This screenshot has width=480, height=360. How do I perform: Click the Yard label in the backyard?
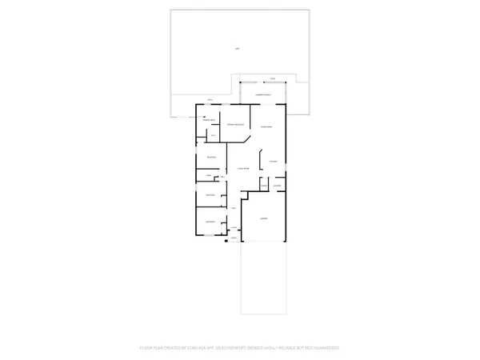click(x=237, y=50)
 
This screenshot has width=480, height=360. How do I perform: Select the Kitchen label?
click(x=273, y=162)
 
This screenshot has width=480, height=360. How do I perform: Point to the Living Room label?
click(x=242, y=169)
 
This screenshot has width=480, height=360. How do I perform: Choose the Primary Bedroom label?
click(x=235, y=126)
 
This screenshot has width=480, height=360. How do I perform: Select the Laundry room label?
click(x=277, y=186)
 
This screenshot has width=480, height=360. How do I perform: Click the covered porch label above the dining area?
click(x=265, y=95)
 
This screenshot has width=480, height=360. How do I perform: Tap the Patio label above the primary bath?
click(x=210, y=100)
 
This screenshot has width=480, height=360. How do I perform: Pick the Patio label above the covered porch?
click(x=272, y=78)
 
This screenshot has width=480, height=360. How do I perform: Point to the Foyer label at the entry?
click(x=234, y=228)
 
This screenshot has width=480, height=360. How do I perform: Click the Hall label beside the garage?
click(x=234, y=208)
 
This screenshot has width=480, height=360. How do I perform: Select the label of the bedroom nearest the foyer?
click(x=210, y=222)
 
